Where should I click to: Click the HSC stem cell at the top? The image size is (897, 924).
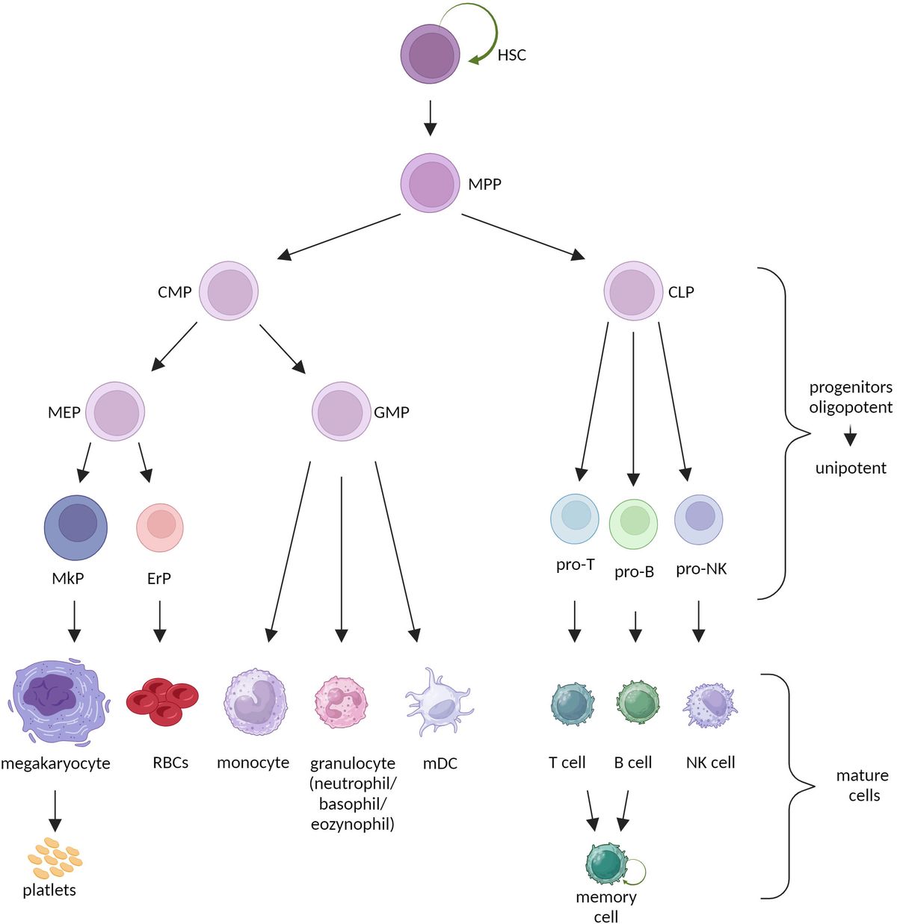tap(430, 53)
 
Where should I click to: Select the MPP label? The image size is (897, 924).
tap(484, 184)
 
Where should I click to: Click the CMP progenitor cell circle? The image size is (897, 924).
tap(229, 291)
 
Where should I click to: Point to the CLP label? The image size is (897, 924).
tap(680, 292)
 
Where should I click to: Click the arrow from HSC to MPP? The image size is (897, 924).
tap(430, 117)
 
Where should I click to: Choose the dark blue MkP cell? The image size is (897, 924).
tap(75, 527)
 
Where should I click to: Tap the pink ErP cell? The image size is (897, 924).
tap(160, 527)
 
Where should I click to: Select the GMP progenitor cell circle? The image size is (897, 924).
tap(342, 412)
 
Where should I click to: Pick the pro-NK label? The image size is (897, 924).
tap(701, 569)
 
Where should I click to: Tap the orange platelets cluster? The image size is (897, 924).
tap(54, 859)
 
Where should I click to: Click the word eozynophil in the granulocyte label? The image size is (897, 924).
tap(353, 825)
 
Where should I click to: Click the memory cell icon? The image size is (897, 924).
tap(606, 865)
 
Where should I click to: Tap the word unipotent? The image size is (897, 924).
tap(851, 468)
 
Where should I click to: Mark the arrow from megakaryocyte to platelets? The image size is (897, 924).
tap(54, 810)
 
